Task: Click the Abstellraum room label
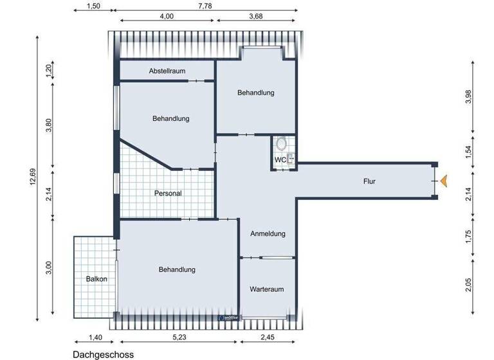click(x=167, y=71)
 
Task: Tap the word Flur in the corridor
click(x=369, y=182)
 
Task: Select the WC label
click(x=280, y=159)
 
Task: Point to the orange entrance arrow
click(x=443, y=182)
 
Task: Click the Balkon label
click(x=96, y=279)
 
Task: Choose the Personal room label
click(x=168, y=193)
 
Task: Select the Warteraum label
click(x=267, y=289)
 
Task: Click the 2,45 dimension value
click(x=268, y=337)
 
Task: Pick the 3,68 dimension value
click(x=256, y=17)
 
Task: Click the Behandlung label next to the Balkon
click(x=177, y=269)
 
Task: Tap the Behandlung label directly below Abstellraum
click(x=170, y=118)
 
